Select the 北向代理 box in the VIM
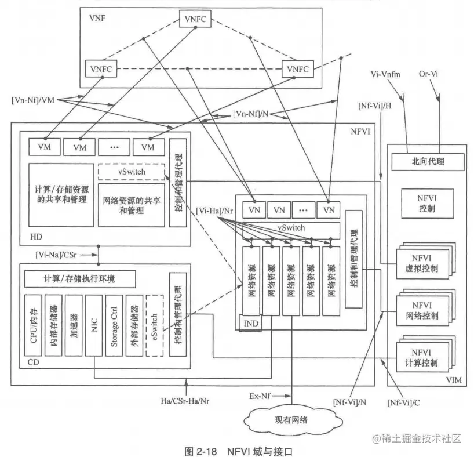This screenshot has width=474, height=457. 427,162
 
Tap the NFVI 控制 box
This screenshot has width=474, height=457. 426,201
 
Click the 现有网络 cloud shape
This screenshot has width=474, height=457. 291,419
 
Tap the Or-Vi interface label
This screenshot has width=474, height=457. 429,74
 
